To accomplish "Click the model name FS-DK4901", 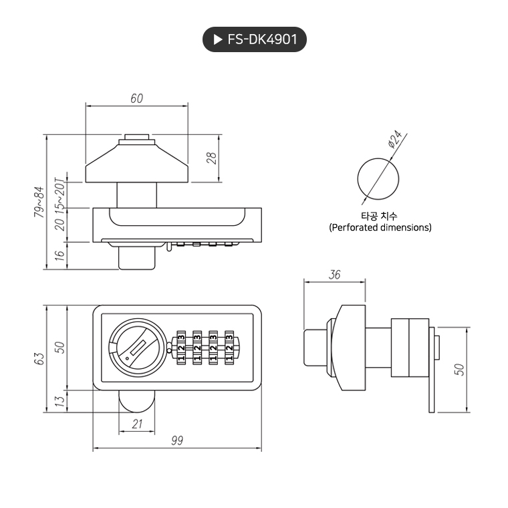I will pyautogui.click(x=262, y=40).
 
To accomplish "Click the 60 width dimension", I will pyautogui.click(x=136, y=98).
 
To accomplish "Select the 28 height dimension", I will pyautogui.click(x=211, y=158).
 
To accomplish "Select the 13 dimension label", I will pyautogui.click(x=59, y=401).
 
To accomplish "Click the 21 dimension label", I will pyautogui.click(x=137, y=423).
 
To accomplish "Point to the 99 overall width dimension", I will pyautogui.click(x=177, y=440).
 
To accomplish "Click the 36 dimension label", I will pyautogui.click(x=335, y=275).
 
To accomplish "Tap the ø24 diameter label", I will pyautogui.click(x=394, y=139).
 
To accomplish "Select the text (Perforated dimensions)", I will pyautogui.click(x=380, y=227).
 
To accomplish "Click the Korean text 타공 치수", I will pyautogui.click(x=379, y=216).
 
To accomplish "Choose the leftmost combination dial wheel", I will pyautogui.click(x=181, y=347).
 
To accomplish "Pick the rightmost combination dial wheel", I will pyautogui.click(x=230, y=347).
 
